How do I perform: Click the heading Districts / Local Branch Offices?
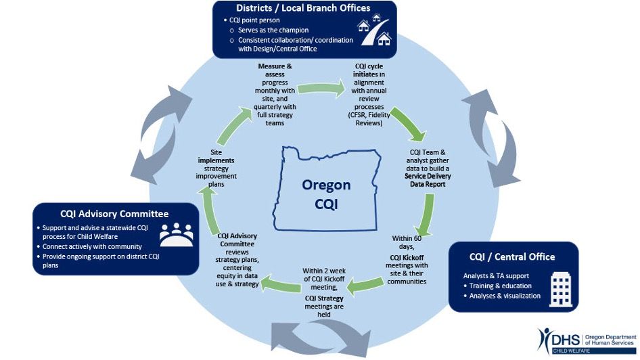pyautogui.click(x=303, y=8)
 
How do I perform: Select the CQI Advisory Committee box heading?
pyautogui.click(x=114, y=214)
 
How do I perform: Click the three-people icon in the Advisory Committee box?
pyautogui.click(x=177, y=235)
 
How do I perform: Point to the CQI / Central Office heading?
pyautogui.click(x=512, y=256)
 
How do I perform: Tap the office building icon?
pyautogui.click(x=561, y=290)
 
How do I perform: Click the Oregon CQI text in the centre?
pyautogui.click(x=326, y=194)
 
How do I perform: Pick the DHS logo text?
pyautogui.click(x=566, y=340)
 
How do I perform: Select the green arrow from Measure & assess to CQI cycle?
pyautogui.click(x=321, y=89)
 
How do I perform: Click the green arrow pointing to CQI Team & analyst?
pyautogui.click(x=408, y=124)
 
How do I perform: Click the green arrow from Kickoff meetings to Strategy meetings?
pyautogui.click(x=365, y=286)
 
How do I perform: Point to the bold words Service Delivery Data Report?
pyautogui.click(x=428, y=180)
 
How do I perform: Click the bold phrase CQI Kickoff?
pyautogui.click(x=407, y=258)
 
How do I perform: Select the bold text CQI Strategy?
pyautogui.click(x=324, y=298)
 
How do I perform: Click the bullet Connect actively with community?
pyautogui.click(x=92, y=246)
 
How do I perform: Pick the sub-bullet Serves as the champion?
pyautogui.click(x=273, y=30)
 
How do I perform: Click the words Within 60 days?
pyautogui.click(x=407, y=242)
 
